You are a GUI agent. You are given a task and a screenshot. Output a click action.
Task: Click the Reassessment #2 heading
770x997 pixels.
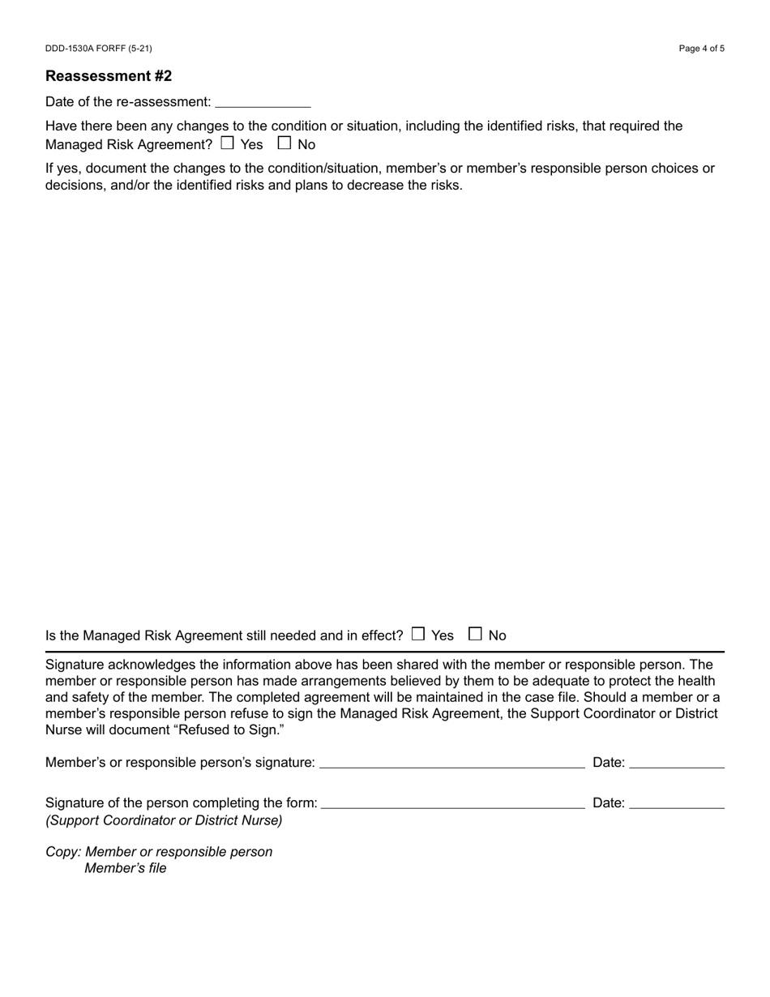click(x=109, y=76)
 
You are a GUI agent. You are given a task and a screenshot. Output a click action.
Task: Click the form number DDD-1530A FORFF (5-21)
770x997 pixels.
click(x=98, y=49)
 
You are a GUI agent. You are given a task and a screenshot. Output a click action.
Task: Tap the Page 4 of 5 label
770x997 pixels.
click(x=701, y=49)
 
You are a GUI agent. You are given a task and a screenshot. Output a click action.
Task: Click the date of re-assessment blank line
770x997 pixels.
click(x=263, y=103)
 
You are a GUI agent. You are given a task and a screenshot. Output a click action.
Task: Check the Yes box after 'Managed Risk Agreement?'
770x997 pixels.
click(x=227, y=143)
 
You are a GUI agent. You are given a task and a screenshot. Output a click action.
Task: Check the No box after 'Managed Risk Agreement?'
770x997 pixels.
click(x=284, y=143)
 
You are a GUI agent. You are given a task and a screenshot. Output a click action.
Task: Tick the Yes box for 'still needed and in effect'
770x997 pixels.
click(x=417, y=634)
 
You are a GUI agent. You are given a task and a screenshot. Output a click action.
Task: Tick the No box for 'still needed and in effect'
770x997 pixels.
click(x=475, y=634)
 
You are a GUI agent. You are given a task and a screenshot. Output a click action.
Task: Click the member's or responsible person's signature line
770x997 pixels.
click(x=452, y=764)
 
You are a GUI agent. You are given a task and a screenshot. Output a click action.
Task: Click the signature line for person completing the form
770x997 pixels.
click(x=452, y=804)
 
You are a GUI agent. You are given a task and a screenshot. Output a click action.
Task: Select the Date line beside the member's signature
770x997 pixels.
click(x=676, y=764)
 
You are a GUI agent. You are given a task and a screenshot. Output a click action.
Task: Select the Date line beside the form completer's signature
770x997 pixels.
click(x=676, y=804)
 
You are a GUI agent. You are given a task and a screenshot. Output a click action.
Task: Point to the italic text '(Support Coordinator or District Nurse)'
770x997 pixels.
click(x=164, y=820)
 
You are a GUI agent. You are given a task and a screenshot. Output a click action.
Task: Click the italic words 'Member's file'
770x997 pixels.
click(x=126, y=868)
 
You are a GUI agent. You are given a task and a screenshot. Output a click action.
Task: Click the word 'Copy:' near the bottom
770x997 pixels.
click(x=63, y=852)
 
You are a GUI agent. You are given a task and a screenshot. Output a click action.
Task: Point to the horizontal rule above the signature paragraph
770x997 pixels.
click(x=385, y=651)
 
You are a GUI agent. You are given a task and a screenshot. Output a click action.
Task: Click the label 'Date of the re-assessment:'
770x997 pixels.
click(x=128, y=102)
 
